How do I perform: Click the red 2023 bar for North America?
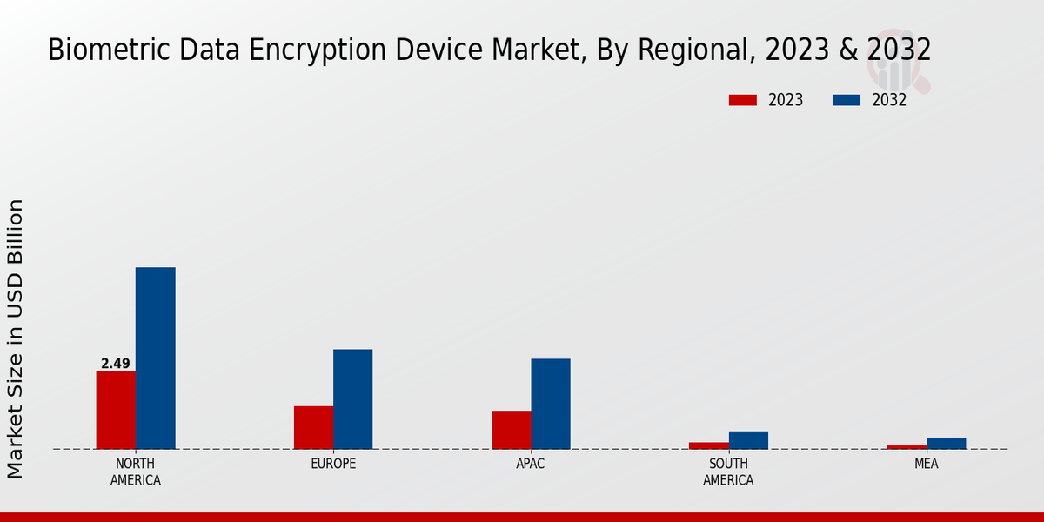pos(116,410)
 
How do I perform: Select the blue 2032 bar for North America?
pos(155,358)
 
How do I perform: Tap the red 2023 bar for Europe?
pos(313,427)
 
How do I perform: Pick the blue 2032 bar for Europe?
pos(352,398)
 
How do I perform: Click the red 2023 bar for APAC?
pos(511,430)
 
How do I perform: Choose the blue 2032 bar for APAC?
pos(551,404)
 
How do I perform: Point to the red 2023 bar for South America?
pos(708,445)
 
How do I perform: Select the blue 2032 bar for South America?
pos(748,440)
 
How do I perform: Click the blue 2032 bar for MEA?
pos(946,443)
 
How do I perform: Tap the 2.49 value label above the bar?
pos(115,364)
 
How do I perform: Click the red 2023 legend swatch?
pos(742,100)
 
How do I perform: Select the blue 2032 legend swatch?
pos(846,100)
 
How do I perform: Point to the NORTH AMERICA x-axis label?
pos(136,472)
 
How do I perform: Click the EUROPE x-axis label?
pos(333,464)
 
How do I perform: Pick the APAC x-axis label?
pos(531,464)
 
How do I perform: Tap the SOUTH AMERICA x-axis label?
pos(728,472)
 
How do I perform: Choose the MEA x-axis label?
pos(926,464)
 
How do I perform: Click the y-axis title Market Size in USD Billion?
pos(16,338)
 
